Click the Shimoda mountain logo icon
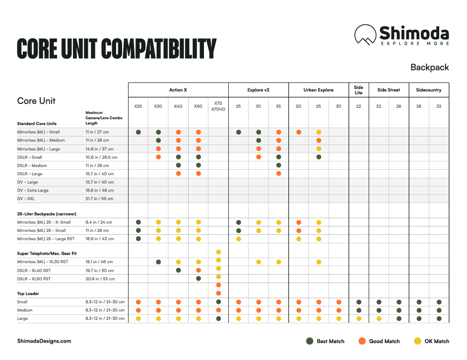(x=365, y=34)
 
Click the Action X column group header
(x=178, y=90)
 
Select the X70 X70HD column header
(x=218, y=106)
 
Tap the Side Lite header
(x=358, y=90)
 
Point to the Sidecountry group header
(x=429, y=90)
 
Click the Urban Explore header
(x=318, y=90)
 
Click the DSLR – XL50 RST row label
(x=34, y=279)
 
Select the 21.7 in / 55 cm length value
(x=99, y=199)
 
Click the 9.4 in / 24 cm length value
(x=99, y=222)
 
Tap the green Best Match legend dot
(x=310, y=341)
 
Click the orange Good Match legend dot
(x=362, y=341)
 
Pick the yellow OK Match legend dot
(x=418, y=341)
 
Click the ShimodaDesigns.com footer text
(x=44, y=341)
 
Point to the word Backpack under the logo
(x=429, y=68)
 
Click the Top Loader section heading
(x=28, y=293)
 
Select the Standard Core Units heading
(x=37, y=124)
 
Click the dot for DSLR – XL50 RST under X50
(x=199, y=279)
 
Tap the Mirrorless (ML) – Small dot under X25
(x=138, y=132)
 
